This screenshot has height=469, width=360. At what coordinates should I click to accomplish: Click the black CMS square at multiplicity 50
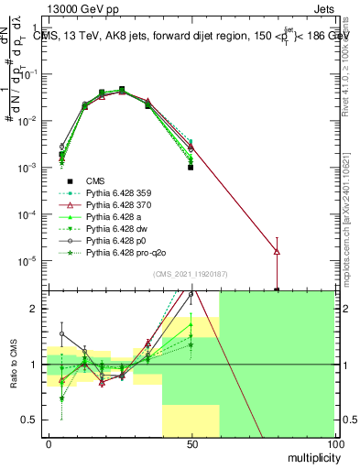[x=191, y=168]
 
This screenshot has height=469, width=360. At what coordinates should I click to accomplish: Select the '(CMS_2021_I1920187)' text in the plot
[x=191, y=274]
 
